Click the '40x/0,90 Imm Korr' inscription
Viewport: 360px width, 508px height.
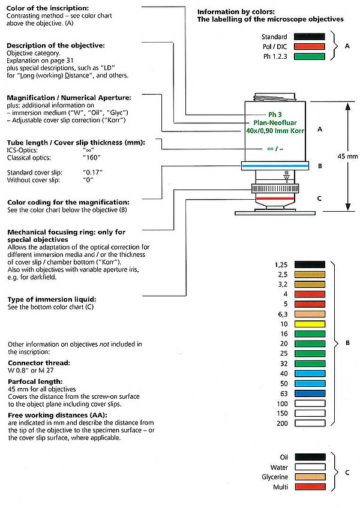(x=275, y=131)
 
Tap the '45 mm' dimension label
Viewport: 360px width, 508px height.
(x=344, y=156)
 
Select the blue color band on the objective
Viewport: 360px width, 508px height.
(x=275, y=166)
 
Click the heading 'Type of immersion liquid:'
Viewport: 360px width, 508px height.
(x=50, y=299)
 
